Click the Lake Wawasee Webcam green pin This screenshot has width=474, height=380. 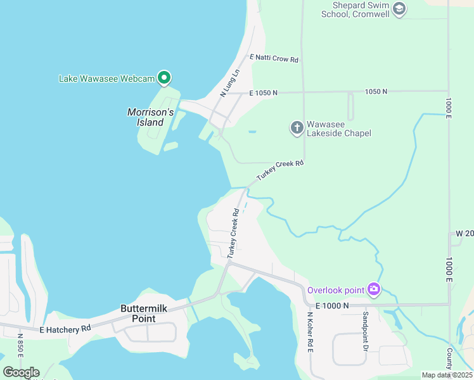164,78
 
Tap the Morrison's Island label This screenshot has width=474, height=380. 150,117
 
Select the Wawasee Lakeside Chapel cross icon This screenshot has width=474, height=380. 297,128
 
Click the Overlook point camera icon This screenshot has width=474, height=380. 374,289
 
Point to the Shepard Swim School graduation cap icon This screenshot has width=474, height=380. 399,9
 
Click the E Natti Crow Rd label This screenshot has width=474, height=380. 274,58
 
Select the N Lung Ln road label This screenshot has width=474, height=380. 231,83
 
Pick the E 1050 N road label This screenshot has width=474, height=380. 264,92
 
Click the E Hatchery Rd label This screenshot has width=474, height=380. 65,329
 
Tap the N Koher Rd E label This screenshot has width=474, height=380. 310,332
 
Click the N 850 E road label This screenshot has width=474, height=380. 20,346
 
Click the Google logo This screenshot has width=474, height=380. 21,372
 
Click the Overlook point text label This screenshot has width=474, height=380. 336,290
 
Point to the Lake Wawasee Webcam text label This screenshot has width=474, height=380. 106,79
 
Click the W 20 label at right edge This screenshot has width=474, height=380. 464,234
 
